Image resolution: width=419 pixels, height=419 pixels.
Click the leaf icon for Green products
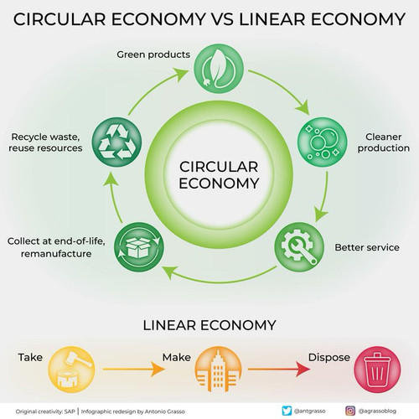[x=219, y=69]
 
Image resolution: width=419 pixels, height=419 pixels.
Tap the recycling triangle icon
[x=116, y=142]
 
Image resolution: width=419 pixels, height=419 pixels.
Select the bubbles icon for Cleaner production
[x=322, y=142]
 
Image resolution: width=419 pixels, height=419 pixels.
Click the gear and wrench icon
[x=299, y=247]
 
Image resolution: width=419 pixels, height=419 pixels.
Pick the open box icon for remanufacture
[x=139, y=247]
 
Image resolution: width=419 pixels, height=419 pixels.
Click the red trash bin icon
[x=377, y=370]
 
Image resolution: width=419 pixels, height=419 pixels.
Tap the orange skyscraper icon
[x=218, y=370]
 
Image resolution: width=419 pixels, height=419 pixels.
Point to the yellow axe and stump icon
[x=71, y=370]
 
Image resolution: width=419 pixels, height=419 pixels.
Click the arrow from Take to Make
[x=134, y=369]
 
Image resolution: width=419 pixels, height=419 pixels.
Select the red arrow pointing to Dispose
[x=279, y=369]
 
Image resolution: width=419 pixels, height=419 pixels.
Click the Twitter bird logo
[x=287, y=411]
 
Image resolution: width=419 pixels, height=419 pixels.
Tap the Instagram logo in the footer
[x=350, y=411]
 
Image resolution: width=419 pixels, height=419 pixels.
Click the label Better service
[x=367, y=247]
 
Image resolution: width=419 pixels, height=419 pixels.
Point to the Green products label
[x=153, y=54]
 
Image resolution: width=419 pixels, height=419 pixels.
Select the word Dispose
[x=329, y=358]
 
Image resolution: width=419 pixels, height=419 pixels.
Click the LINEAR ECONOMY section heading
[x=209, y=325]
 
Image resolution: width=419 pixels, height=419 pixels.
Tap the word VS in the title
[x=223, y=19]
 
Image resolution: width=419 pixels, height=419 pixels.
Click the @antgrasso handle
[x=309, y=411]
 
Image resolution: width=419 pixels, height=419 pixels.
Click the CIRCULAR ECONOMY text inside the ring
[x=219, y=175]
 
